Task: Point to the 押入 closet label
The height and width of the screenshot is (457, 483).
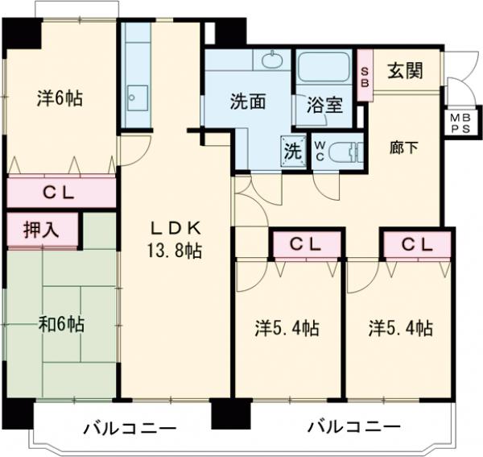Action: pos(43,231)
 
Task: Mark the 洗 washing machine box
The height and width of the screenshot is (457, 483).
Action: pos(291,150)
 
